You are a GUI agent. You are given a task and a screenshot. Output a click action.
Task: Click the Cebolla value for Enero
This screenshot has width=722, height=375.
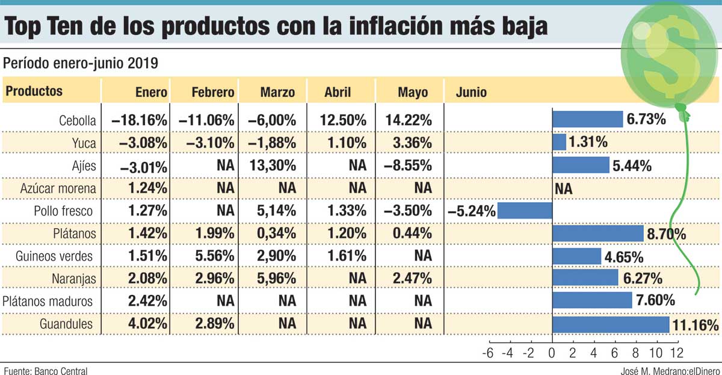pyautogui.click(x=139, y=120)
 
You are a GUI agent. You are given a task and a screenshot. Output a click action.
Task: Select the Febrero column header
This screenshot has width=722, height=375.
pyautogui.click(x=212, y=92)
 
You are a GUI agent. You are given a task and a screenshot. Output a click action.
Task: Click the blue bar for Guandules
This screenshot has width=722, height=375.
pyautogui.click(x=610, y=324)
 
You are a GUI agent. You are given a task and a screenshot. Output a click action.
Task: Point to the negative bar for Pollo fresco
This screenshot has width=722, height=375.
pyautogui.click(x=524, y=211)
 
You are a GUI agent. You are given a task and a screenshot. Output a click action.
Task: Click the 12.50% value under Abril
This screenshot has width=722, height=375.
pyautogui.click(x=343, y=120)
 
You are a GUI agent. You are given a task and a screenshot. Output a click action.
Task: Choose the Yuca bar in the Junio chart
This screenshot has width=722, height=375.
pyautogui.click(x=559, y=142)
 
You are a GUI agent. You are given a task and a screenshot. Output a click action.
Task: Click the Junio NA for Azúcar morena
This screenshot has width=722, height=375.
pyautogui.click(x=563, y=189)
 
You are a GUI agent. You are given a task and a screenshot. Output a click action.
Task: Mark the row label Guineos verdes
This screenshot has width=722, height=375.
pyautogui.click(x=55, y=256)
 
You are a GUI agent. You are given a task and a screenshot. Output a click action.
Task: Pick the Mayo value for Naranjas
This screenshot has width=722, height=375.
pyautogui.click(x=414, y=279)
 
